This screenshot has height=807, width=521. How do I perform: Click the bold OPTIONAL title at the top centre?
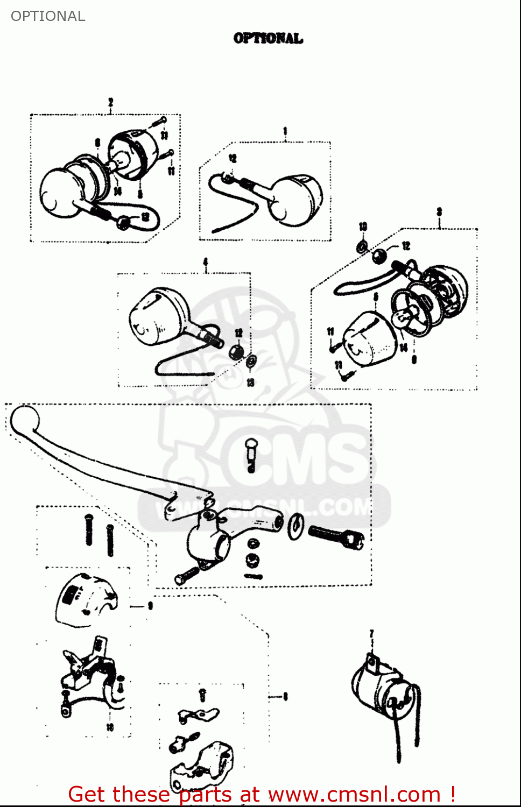tap(268, 38)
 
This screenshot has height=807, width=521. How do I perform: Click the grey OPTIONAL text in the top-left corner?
tap(48, 16)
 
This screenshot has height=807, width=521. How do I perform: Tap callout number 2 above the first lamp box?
tap(110, 102)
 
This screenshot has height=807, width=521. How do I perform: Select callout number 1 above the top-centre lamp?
tap(285, 131)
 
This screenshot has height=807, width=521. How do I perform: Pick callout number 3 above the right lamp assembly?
tap(439, 212)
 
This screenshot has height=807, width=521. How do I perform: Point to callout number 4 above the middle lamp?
tap(205, 262)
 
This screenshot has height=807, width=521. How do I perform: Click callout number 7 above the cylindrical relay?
tap(371, 634)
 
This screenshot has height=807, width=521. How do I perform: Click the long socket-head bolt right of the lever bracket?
tap(337, 536)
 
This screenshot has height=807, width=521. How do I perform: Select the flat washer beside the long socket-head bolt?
tap(295, 527)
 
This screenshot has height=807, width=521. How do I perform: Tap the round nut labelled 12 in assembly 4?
tap(236, 352)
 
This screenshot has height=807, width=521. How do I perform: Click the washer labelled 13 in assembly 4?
tap(251, 361)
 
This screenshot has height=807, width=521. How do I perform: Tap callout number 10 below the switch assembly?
tap(110, 727)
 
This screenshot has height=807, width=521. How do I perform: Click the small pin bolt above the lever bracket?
tap(251, 452)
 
